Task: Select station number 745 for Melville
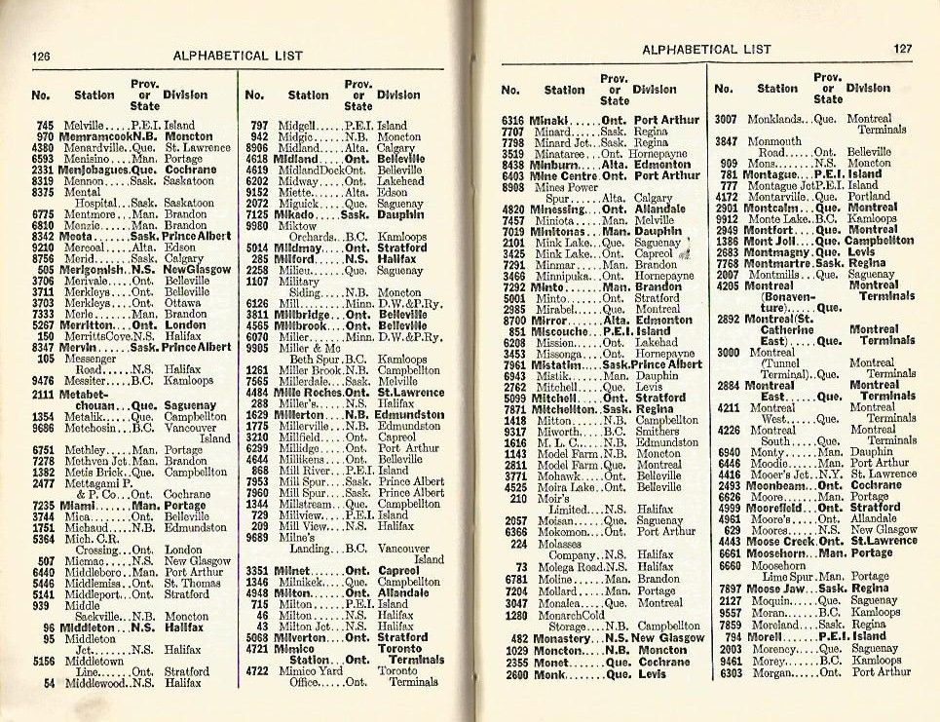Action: (x=45, y=126)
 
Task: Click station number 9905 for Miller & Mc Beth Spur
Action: (x=256, y=347)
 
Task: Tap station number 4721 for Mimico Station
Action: (x=256, y=647)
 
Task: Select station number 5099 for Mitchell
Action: (x=513, y=399)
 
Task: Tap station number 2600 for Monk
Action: (x=513, y=672)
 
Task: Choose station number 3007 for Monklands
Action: (x=726, y=119)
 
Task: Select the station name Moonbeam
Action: (x=777, y=485)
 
